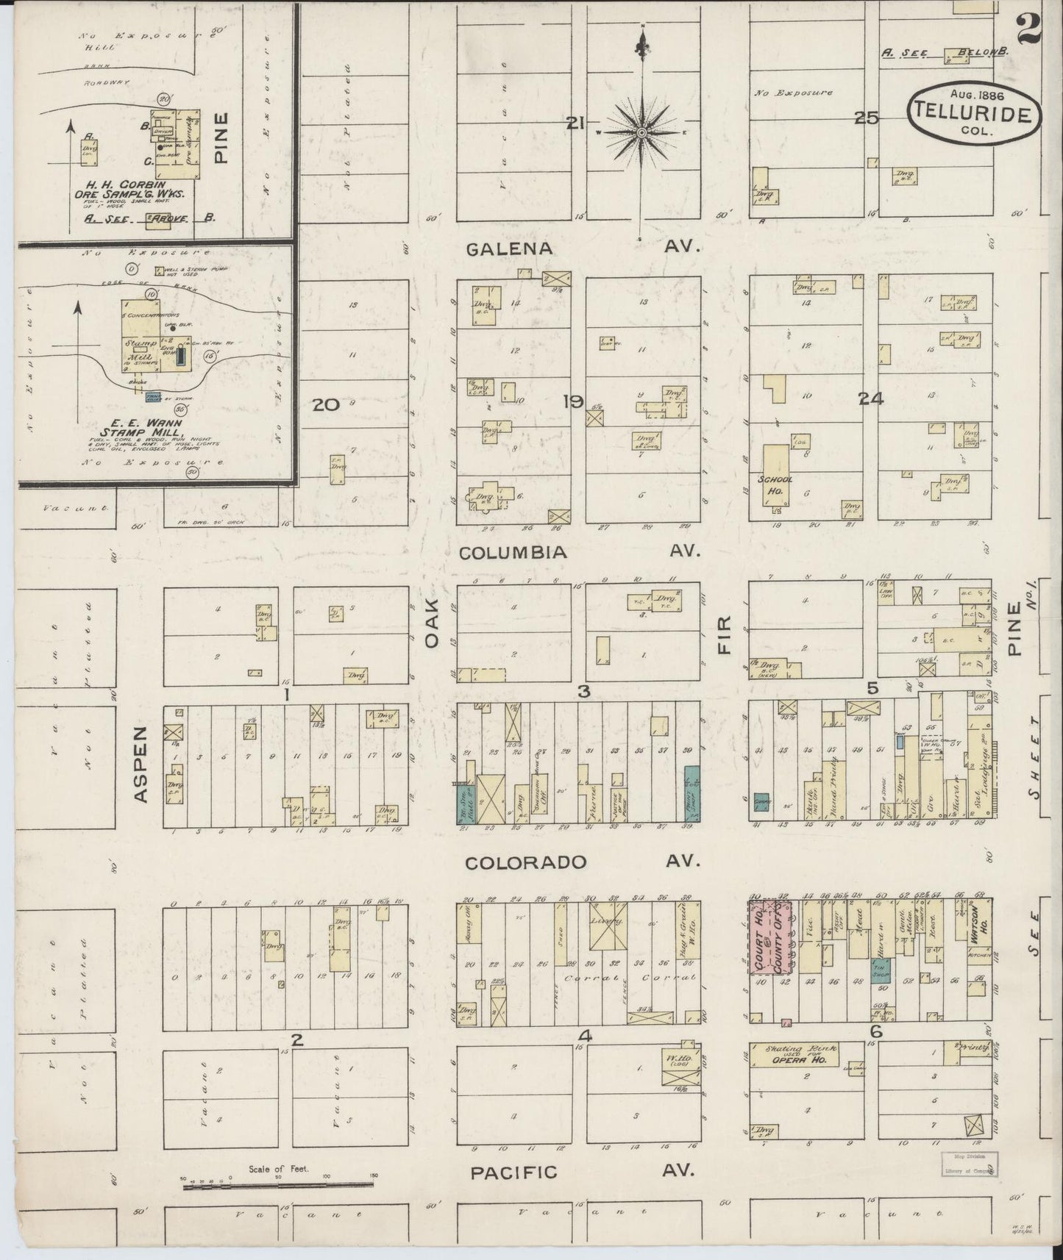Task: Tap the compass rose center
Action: tap(641, 132)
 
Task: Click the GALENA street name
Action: tap(509, 249)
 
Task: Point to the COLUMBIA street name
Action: tap(513, 553)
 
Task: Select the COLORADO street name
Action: tap(525, 862)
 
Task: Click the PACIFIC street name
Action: tap(513, 1172)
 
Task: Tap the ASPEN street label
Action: tap(143, 764)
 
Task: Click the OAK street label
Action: tap(432, 622)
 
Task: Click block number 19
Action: tap(573, 401)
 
